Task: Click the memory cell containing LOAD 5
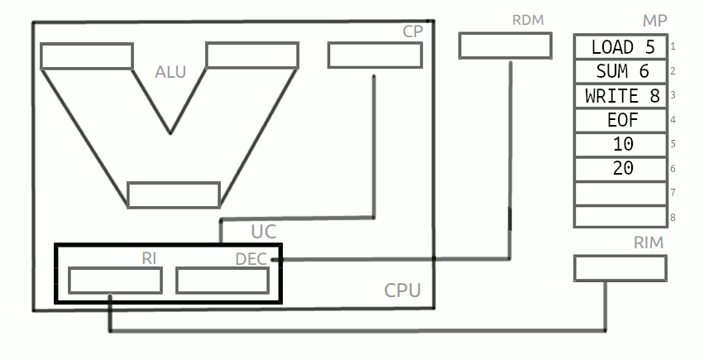(x=620, y=47)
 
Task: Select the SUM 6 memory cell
(x=620, y=71)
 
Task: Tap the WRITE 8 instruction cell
(x=620, y=96)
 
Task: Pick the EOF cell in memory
(x=620, y=120)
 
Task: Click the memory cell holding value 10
(x=620, y=144)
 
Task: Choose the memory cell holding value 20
(x=620, y=168)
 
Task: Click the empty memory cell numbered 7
(x=620, y=193)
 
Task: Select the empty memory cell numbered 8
(x=620, y=217)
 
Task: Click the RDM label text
(x=529, y=20)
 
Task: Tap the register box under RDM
(x=505, y=46)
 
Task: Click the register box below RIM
(x=620, y=267)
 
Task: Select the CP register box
(x=374, y=55)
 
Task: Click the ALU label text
(x=170, y=72)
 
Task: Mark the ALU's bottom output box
(x=174, y=194)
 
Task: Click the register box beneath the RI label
(x=114, y=281)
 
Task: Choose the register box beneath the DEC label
(x=222, y=281)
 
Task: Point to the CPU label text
(x=402, y=290)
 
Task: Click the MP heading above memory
(x=654, y=20)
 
